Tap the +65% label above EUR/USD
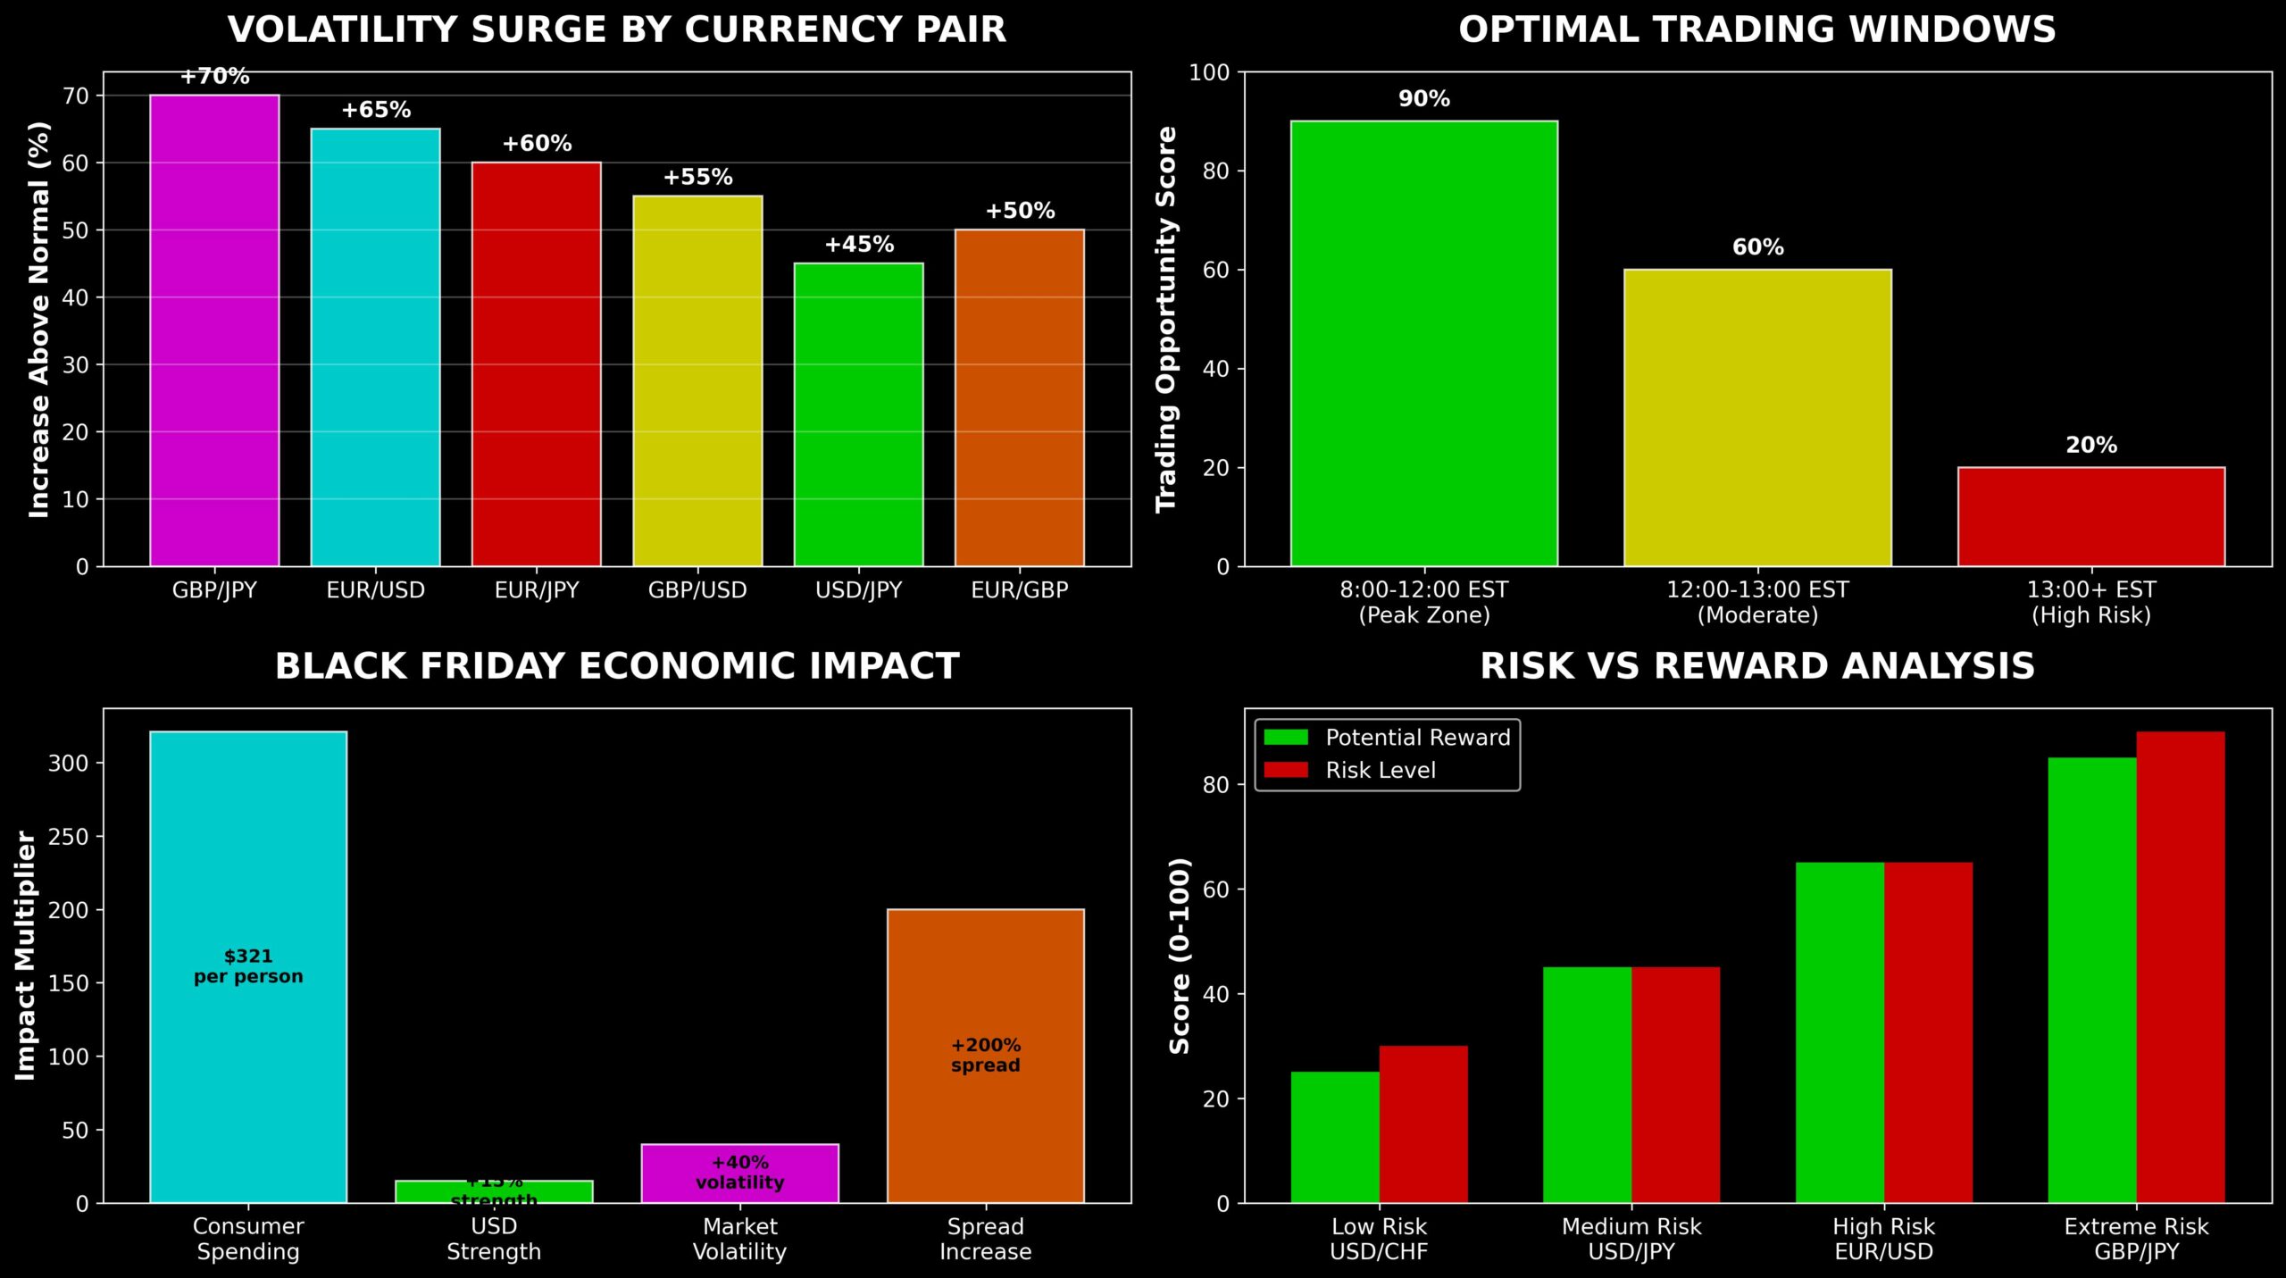(x=376, y=110)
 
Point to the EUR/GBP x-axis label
(x=1019, y=590)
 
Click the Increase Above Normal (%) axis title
(x=38, y=319)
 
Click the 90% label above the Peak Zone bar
(x=1423, y=99)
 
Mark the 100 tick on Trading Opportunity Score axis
(x=1209, y=72)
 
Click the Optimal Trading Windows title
(x=1756, y=30)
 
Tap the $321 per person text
(x=248, y=966)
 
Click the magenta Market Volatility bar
(x=739, y=1173)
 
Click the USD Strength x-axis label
(x=494, y=1239)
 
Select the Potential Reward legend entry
(x=1416, y=738)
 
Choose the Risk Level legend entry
(x=1380, y=770)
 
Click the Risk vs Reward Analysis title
(x=1756, y=666)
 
